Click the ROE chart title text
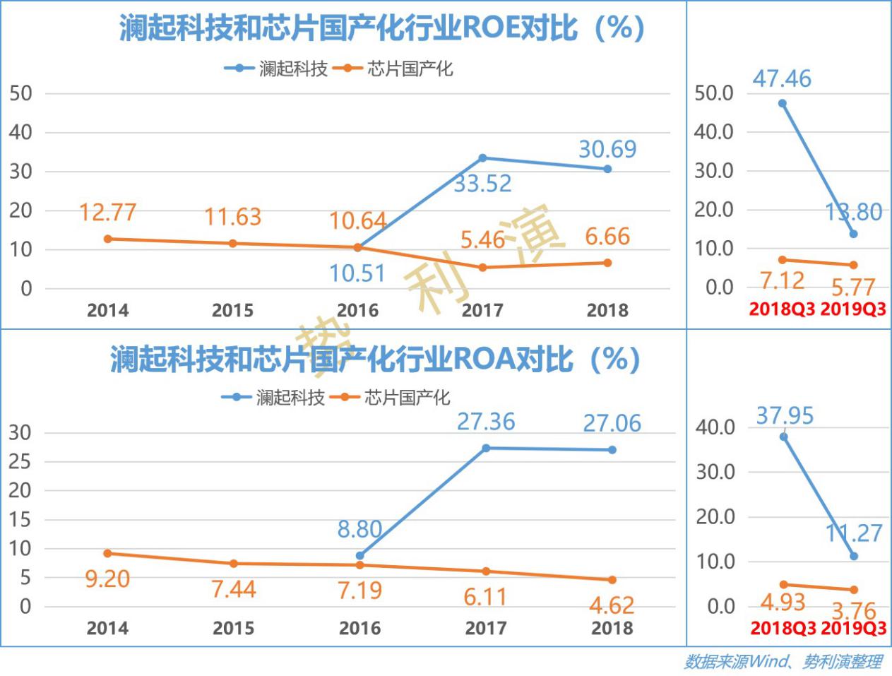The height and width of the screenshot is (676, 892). point(381,28)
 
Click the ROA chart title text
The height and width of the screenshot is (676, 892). point(375,359)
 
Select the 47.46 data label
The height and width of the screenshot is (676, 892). point(782,78)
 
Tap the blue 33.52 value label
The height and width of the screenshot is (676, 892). point(482,184)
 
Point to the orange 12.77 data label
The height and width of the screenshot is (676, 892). point(107,212)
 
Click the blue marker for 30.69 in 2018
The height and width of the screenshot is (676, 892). point(607,169)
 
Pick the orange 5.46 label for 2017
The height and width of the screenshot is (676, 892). point(482,240)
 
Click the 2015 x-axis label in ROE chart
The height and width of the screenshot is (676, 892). point(232,310)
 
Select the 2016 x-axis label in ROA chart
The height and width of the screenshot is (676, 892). point(359,628)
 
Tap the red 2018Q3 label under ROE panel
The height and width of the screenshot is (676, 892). point(782,309)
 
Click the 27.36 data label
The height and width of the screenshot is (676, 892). point(486,422)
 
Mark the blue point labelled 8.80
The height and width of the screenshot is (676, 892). point(359,556)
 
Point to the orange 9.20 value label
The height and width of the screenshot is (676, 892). point(107,579)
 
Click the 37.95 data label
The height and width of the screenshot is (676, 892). point(785,415)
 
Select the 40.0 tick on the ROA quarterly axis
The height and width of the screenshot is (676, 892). point(715,427)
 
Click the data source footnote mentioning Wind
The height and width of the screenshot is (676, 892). point(783,662)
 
